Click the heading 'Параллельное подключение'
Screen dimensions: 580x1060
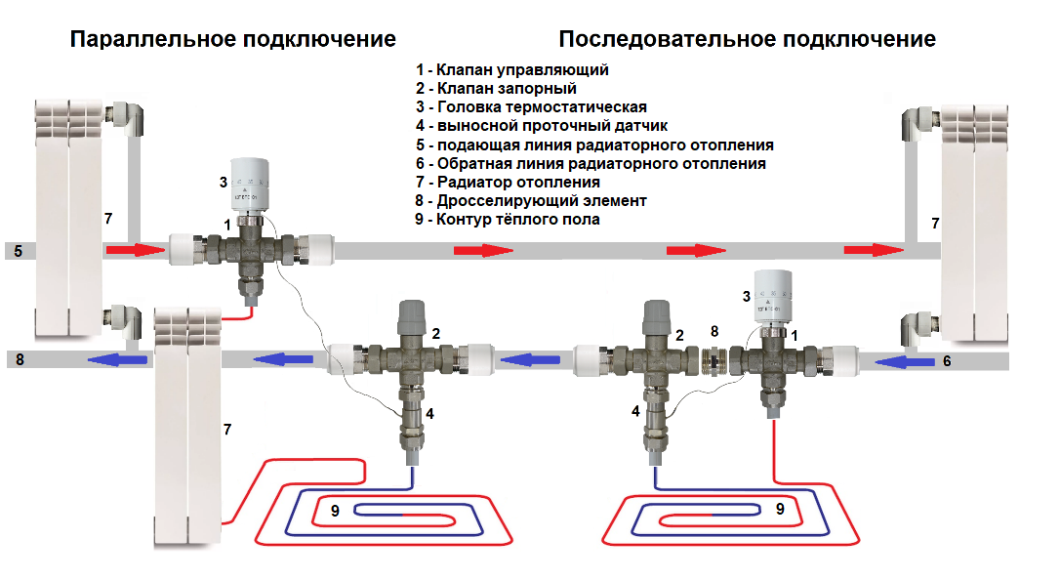click(x=233, y=39)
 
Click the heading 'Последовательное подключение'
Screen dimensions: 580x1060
click(x=747, y=39)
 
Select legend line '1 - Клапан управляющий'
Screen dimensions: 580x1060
click(x=511, y=70)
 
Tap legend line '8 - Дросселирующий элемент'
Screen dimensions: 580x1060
click(x=531, y=200)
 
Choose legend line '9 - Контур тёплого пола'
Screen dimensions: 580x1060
click(x=508, y=220)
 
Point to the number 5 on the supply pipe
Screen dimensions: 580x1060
click(x=17, y=251)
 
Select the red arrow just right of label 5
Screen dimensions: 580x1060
click(x=135, y=251)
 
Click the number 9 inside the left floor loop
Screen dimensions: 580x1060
click(x=335, y=510)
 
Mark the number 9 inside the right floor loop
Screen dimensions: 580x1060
click(x=779, y=509)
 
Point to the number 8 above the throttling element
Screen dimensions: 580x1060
click(x=713, y=332)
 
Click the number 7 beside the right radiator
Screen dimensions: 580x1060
click(x=935, y=224)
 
